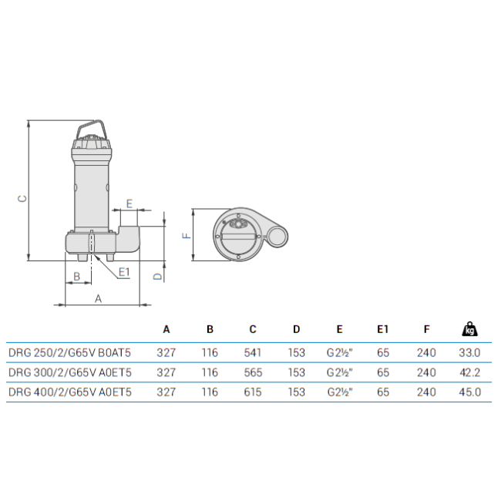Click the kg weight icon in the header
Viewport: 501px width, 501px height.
pyautogui.click(x=469, y=329)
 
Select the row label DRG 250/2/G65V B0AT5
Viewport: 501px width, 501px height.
pyautogui.click(x=69, y=353)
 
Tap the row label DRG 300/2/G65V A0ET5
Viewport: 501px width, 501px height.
pyautogui.click(x=70, y=372)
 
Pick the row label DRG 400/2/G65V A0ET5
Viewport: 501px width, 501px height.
pyautogui.click(x=70, y=392)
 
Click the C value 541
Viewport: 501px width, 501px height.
pyautogui.click(x=253, y=353)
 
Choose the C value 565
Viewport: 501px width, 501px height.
pyautogui.click(x=253, y=372)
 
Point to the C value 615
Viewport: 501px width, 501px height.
pyautogui.click(x=253, y=392)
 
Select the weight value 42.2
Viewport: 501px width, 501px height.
pyautogui.click(x=469, y=372)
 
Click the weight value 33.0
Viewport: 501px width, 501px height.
pyautogui.click(x=469, y=353)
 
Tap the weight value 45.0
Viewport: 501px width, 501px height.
pyautogui.click(x=469, y=392)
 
